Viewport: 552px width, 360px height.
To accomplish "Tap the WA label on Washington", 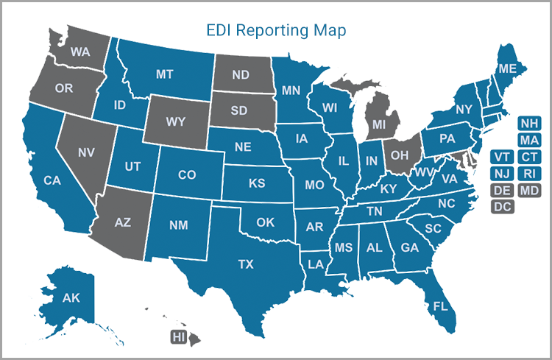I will (x=80, y=53).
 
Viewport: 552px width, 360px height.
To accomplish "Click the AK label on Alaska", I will (x=71, y=298).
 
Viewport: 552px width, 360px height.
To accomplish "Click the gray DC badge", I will (x=503, y=207).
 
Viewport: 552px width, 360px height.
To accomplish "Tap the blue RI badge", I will (x=528, y=174).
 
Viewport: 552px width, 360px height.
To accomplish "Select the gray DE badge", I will (x=503, y=191).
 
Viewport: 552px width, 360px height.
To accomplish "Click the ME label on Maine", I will (x=507, y=68).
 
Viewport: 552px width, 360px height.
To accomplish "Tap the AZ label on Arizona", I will (x=121, y=222).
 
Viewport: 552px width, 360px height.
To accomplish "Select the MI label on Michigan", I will (x=378, y=125).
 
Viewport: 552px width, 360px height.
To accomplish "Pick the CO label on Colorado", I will (x=187, y=175).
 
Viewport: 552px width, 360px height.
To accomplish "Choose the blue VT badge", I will (x=503, y=157).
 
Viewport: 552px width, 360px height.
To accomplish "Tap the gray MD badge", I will (x=528, y=191).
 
